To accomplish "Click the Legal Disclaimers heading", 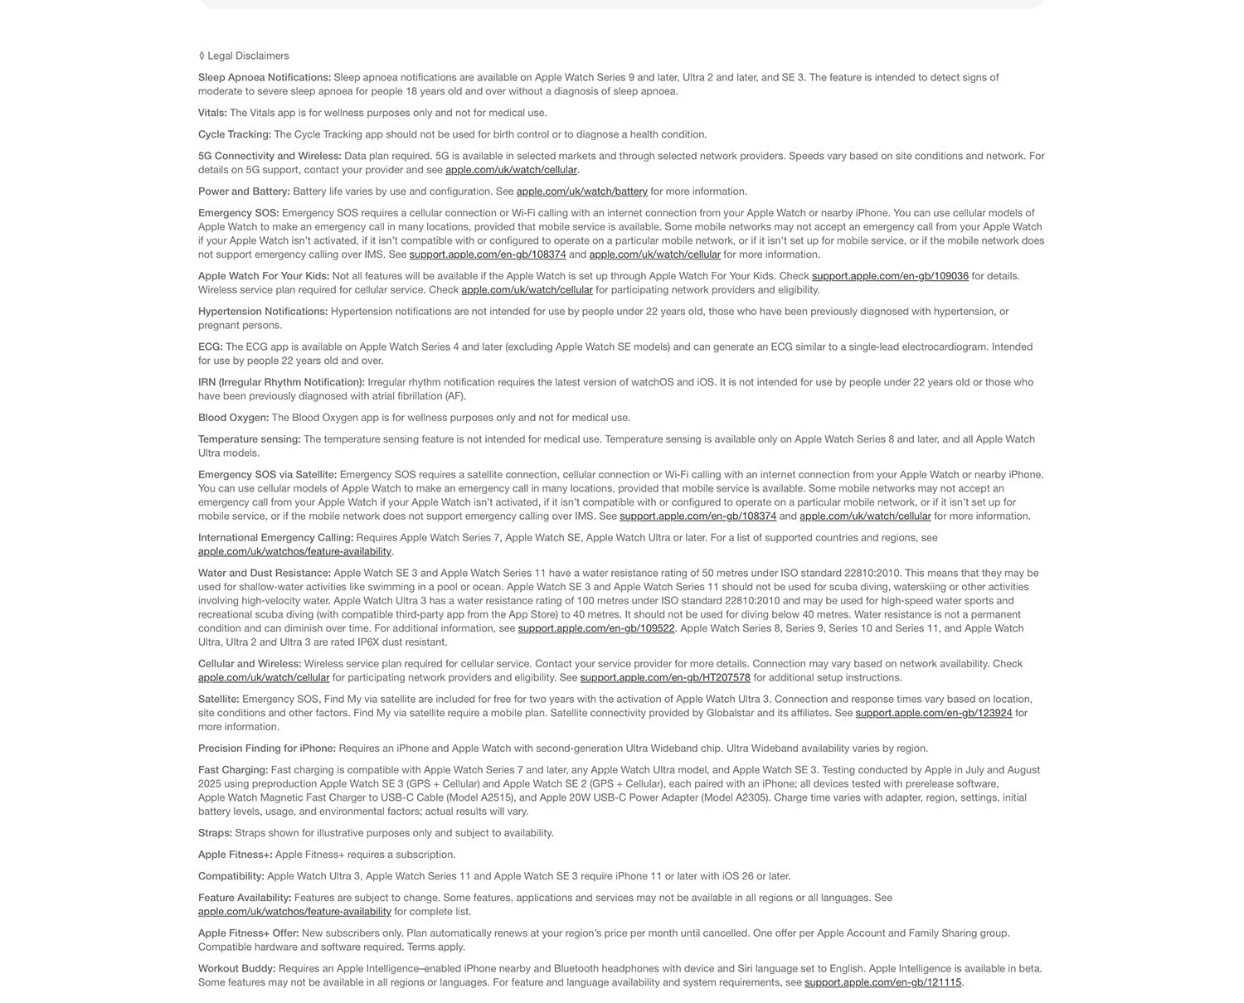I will [248, 56].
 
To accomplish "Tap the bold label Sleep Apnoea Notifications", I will [265, 78].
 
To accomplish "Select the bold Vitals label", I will [212, 114].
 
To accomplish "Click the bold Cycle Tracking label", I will [235, 135].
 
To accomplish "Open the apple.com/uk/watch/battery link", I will [581, 191].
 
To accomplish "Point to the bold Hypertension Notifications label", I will [263, 312].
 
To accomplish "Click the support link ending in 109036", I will [890, 276].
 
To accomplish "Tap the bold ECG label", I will [211, 347].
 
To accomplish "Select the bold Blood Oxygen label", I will [233, 418].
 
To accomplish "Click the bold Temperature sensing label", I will [250, 439].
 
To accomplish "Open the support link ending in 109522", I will [596, 629].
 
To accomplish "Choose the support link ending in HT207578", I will [665, 678].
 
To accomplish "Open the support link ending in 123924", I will [934, 714].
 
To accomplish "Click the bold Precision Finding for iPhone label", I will [267, 749].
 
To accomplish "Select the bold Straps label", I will [215, 833].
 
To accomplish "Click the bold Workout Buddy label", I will [237, 969].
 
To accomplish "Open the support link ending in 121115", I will [882, 983].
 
